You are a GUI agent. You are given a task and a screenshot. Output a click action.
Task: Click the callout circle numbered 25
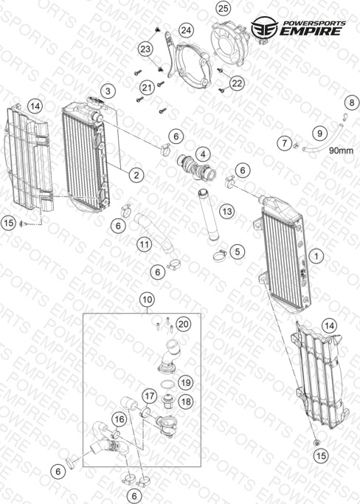coord(223,8)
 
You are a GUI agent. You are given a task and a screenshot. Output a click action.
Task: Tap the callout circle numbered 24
coord(186,30)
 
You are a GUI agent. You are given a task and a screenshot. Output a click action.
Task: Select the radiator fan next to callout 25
coord(231,43)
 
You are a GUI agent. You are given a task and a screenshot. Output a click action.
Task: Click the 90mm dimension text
coord(341,151)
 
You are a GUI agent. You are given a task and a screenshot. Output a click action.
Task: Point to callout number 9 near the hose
coord(319,133)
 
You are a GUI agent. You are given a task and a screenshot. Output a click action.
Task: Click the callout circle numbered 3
coord(108,91)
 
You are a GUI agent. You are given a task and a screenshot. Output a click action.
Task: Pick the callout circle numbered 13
coord(227,212)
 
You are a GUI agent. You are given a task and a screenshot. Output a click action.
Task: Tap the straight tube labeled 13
coord(208,215)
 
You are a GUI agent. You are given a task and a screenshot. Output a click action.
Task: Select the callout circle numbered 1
coord(316,256)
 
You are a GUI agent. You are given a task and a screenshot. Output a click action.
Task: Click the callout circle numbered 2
coord(136,175)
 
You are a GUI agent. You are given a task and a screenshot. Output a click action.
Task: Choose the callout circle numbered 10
coord(148,300)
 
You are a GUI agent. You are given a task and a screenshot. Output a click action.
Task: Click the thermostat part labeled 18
coord(167,401)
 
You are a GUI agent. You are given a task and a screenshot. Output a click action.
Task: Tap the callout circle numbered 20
coord(183,324)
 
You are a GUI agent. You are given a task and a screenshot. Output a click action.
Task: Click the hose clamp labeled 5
coord(220,255)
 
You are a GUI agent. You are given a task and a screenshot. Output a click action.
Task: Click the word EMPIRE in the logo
coord(310,31)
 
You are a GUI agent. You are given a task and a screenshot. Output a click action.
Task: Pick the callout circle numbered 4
coord(203,155)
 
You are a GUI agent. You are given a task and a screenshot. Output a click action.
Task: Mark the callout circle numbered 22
coord(237,83)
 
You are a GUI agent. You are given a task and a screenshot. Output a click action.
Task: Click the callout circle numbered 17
coord(150,396)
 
